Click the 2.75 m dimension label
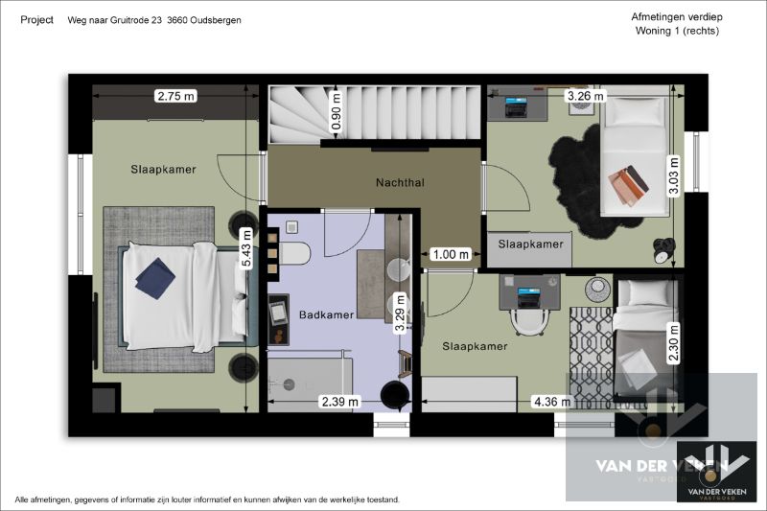coord(175,96)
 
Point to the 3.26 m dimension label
coord(585,96)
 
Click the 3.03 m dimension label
coord(674,176)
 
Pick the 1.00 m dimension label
coord(450,254)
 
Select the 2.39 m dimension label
coord(339,402)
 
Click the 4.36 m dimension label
coord(551,402)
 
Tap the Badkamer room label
coord(326,314)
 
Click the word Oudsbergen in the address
coord(211,20)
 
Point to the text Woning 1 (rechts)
coord(677,31)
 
